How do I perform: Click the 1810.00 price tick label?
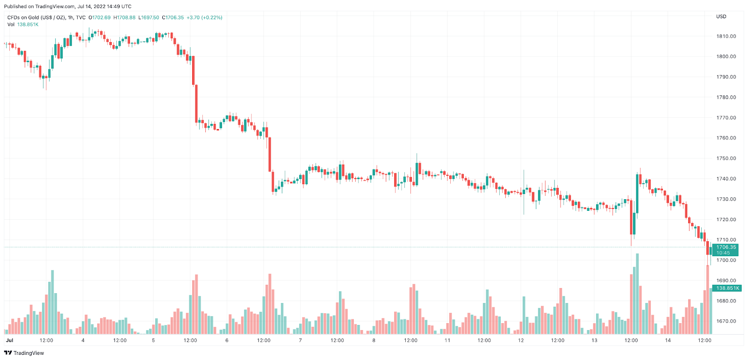[726, 36]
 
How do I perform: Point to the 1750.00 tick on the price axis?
[726, 158]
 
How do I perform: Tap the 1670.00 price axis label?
[726, 321]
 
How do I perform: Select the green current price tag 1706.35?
[726, 247]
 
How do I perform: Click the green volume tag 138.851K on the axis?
[727, 288]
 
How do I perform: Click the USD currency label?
[721, 16]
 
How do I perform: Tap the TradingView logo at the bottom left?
[24, 353]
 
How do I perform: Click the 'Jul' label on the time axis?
[9, 340]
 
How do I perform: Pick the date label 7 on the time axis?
[300, 340]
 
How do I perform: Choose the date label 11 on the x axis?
[447, 340]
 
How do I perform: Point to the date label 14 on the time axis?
[668, 340]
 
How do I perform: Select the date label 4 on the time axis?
[83, 340]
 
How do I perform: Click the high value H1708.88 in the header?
[124, 18]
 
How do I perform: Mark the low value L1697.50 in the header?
[149, 18]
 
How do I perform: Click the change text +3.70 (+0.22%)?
[204, 18]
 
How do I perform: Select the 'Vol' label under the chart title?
[11, 24]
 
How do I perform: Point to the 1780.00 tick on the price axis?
[726, 97]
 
